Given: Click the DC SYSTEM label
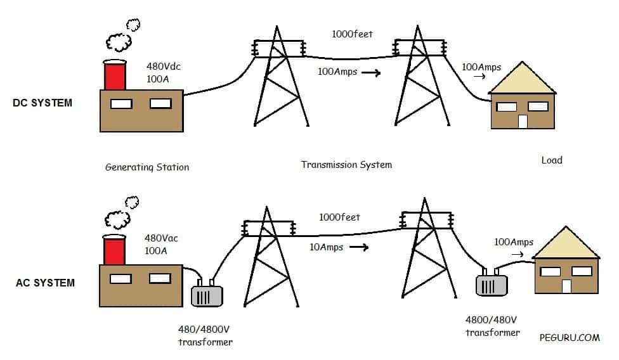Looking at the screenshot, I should tap(42, 103).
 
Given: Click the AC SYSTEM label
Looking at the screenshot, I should tap(45, 282).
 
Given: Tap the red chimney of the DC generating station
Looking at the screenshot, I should tap(115, 75).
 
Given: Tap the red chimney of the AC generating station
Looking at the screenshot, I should tap(115, 250).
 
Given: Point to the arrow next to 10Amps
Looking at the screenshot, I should tap(359, 247).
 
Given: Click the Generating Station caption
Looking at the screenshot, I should tap(147, 167).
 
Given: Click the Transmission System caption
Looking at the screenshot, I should tap(346, 165).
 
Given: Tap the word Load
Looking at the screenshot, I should tap(552, 160).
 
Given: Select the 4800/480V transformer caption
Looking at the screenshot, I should tap(493, 326).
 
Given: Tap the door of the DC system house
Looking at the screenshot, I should tap(523, 121).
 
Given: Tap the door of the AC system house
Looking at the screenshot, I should tap(566, 286).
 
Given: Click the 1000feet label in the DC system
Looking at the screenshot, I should tap(352, 34).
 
